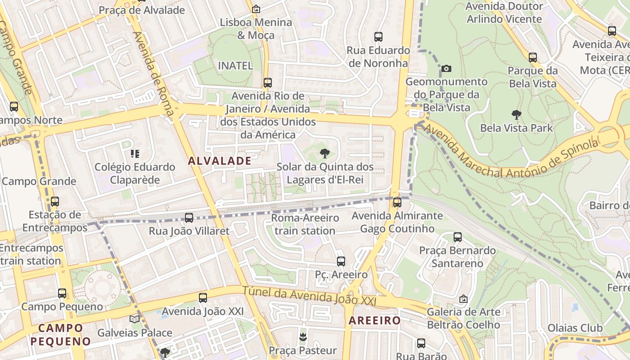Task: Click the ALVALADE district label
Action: tap(220, 161)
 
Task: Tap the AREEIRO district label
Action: tap(374, 320)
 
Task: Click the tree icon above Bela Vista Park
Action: tap(516, 115)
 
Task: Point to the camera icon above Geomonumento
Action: tap(446, 69)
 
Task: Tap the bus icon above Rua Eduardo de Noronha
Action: tap(378, 37)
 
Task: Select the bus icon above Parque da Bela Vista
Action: tap(533, 58)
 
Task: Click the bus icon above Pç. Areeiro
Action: tap(341, 261)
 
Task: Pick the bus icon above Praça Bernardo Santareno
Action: tap(458, 237)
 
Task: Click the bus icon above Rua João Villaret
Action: tap(189, 218)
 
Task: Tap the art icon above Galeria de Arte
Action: tap(463, 299)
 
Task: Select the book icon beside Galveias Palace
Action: tap(134, 319)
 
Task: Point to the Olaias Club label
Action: tap(575, 328)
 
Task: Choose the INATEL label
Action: tap(235, 66)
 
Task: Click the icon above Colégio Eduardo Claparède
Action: tap(135, 154)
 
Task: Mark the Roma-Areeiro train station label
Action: tap(305, 224)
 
